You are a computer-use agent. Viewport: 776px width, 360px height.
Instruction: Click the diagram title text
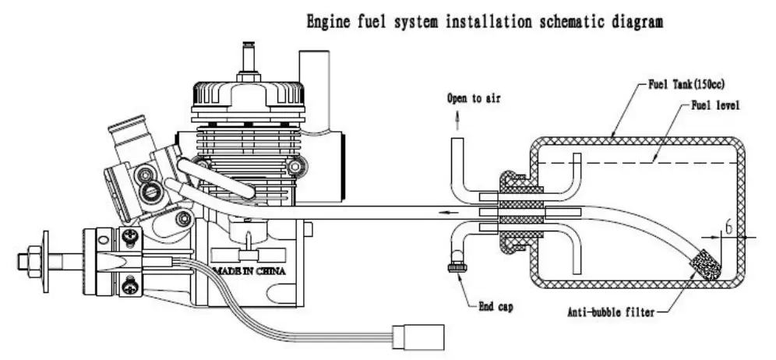[x=485, y=23]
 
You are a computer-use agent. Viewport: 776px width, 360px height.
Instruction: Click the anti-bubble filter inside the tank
[x=706, y=262]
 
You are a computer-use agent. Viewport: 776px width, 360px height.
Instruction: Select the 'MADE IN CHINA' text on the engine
[x=247, y=272]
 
